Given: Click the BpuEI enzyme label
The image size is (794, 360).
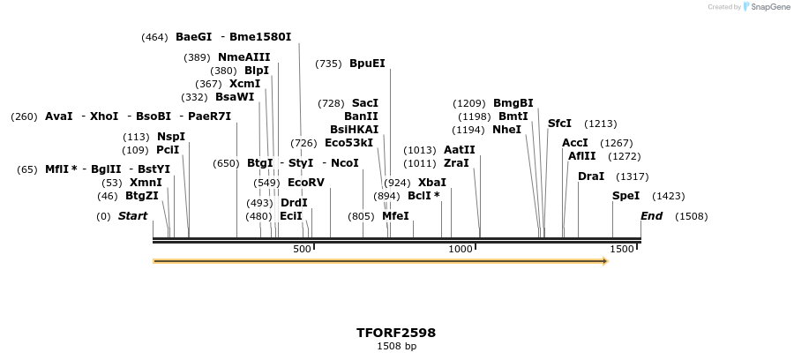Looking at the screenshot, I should tap(367, 64).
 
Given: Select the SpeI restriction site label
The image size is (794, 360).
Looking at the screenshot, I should tap(625, 196).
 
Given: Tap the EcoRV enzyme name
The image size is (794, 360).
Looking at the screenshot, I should tap(306, 183).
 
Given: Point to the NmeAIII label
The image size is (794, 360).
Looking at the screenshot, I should tap(243, 57).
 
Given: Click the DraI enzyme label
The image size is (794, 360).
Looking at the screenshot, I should tap(591, 176).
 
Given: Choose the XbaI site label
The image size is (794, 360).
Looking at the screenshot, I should tap(432, 183).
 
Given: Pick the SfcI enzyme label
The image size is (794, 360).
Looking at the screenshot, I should tap(559, 124).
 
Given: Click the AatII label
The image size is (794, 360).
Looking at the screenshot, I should tap(459, 150).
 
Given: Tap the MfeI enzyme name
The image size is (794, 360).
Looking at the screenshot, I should tap(395, 216).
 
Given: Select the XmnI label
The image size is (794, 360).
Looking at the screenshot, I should tap(146, 183).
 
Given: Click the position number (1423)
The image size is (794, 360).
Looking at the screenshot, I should tap(668, 196).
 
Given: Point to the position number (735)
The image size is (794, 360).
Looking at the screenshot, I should tap(328, 64).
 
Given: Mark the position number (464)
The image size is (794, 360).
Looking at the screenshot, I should tap(154, 37).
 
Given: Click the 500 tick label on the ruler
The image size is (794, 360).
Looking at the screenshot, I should tap(302, 250).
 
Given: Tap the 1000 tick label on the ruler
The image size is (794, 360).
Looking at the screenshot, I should tap(461, 250).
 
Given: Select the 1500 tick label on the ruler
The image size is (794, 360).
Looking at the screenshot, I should tap(622, 250).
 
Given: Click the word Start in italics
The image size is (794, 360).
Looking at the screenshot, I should tap(133, 216).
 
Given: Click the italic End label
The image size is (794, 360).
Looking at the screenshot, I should tap(651, 216).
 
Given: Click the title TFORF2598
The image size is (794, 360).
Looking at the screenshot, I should tap(396, 333).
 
